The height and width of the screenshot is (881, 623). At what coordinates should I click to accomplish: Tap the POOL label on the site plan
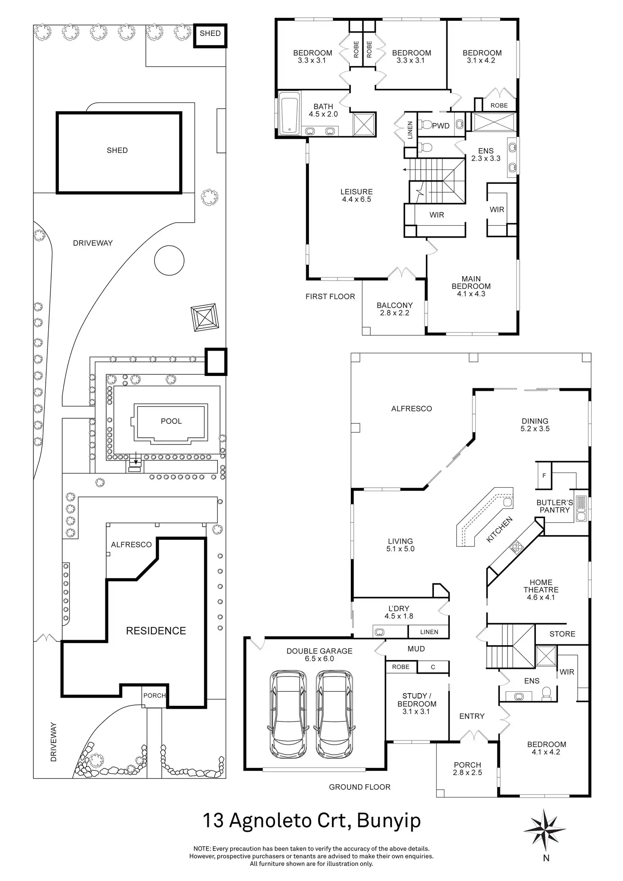click(171, 421)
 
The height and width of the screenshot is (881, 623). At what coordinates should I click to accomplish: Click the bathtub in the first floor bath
click(289, 114)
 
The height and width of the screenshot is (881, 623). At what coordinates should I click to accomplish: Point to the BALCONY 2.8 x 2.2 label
click(394, 309)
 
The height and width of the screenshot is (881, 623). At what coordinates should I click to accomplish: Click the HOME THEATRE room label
click(541, 590)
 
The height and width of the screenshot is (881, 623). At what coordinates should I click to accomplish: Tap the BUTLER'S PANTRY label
click(554, 506)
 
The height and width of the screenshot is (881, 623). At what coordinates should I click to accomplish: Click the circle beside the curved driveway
click(169, 260)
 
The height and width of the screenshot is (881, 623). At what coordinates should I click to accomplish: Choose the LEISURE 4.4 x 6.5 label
click(357, 196)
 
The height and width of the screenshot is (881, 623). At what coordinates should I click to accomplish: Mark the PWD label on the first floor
click(441, 126)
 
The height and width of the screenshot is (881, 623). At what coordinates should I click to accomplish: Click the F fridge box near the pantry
click(544, 475)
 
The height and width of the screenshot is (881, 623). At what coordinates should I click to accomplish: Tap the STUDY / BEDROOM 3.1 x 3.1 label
click(416, 704)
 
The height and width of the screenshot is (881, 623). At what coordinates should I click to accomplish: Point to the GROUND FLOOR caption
click(360, 787)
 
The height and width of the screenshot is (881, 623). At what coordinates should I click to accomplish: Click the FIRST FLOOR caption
click(330, 297)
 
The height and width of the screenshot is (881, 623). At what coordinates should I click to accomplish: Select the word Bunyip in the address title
click(389, 820)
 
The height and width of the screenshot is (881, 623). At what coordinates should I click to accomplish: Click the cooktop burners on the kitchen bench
click(516, 547)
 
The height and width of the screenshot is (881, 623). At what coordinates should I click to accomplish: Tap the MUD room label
click(416, 649)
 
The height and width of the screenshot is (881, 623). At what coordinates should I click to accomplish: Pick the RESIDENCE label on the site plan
click(156, 631)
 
